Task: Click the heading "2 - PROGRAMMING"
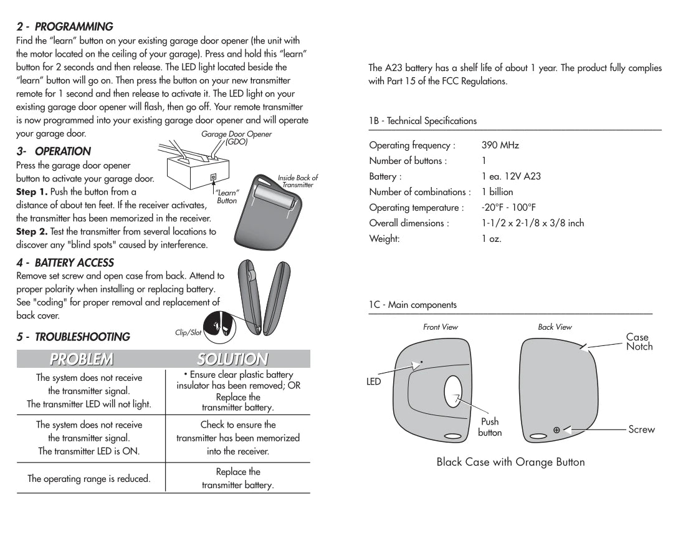(x=64, y=27)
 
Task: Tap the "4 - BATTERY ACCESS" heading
(x=65, y=263)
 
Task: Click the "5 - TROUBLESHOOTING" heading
(x=73, y=337)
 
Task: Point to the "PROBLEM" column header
(x=82, y=359)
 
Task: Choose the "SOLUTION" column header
(x=232, y=359)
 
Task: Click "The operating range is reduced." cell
(x=89, y=479)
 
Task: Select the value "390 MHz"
(x=500, y=145)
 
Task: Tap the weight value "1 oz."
(x=491, y=239)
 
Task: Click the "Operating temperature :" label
(x=416, y=208)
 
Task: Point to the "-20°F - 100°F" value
(x=508, y=208)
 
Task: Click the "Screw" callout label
(x=641, y=430)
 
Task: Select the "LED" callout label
(x=374, y=382)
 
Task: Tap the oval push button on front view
(x=453, y=395)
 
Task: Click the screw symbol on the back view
(x=556, y=430)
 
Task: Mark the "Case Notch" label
(x=639, y=342)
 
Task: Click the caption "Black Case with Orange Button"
(x=510, y=462)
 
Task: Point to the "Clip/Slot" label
(x=188, y=333)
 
